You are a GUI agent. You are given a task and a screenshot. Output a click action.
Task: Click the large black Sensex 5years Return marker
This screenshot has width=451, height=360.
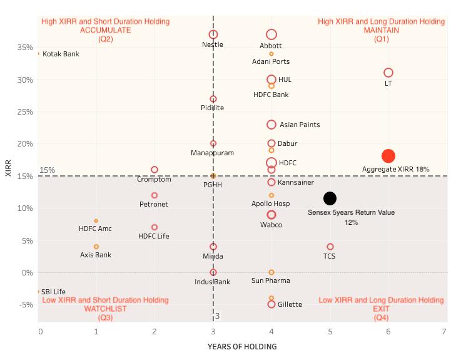[330, 198]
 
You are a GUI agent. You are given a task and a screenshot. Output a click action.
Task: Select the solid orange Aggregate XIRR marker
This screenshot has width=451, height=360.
[388, 156]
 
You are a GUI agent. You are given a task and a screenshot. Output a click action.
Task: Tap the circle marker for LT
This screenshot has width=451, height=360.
[388, 73]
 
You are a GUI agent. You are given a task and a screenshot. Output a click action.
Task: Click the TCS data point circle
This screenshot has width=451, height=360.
[330, 247]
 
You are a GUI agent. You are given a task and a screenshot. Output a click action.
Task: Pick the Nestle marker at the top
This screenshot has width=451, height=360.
[213, 34]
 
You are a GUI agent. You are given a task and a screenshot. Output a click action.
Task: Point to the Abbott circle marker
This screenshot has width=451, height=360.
[271, 34]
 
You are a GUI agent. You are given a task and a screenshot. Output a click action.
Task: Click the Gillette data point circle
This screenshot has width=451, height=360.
[271, 304]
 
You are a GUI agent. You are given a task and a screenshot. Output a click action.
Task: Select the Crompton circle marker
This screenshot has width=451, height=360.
[155, 170]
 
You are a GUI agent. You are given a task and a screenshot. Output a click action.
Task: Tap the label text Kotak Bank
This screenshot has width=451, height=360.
[61, 54]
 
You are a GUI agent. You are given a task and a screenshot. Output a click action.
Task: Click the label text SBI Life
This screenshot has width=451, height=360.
[53, 292]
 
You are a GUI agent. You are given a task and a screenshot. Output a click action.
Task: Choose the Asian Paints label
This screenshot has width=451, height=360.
[300, 125]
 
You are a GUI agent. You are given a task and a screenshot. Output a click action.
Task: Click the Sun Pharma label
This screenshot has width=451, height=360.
[271, 282]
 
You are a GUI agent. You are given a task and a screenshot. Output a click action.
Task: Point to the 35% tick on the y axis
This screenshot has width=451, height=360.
[27, 48]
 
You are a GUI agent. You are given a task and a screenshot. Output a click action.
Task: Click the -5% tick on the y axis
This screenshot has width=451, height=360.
[27, 305]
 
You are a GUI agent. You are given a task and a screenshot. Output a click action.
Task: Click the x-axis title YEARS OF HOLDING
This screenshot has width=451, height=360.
[242, 347]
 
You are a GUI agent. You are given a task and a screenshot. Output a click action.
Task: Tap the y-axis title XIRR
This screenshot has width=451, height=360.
[9, 169]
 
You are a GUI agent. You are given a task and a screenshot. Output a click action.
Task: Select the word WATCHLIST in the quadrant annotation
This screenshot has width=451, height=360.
[105, 309]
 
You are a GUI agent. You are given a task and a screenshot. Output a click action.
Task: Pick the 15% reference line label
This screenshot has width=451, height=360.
[48, 170]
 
